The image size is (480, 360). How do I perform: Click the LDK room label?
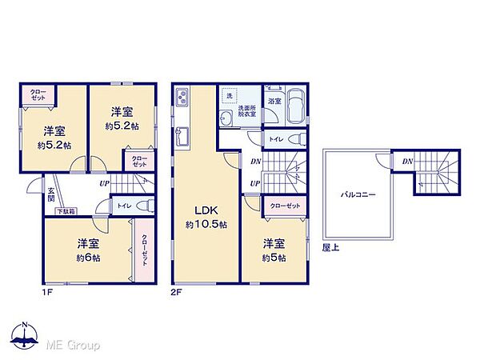click(206, 210)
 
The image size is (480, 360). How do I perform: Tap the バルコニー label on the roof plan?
click(358, 194)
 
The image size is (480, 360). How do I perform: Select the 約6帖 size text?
click(87, 258)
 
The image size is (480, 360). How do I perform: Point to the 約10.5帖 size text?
click(206, 225)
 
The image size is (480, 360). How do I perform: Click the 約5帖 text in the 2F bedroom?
click(272, 258)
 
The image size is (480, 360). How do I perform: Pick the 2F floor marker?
click(177, 291)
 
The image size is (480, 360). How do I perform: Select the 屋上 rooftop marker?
click(329, 248)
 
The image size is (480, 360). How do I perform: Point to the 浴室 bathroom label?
click(274, 102)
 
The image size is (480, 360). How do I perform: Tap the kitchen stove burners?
click(182, 98)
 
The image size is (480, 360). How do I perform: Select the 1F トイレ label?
click(124, 206)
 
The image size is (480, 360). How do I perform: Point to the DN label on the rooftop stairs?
click(407, 162)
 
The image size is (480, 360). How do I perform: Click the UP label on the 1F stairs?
click(104, 184)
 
